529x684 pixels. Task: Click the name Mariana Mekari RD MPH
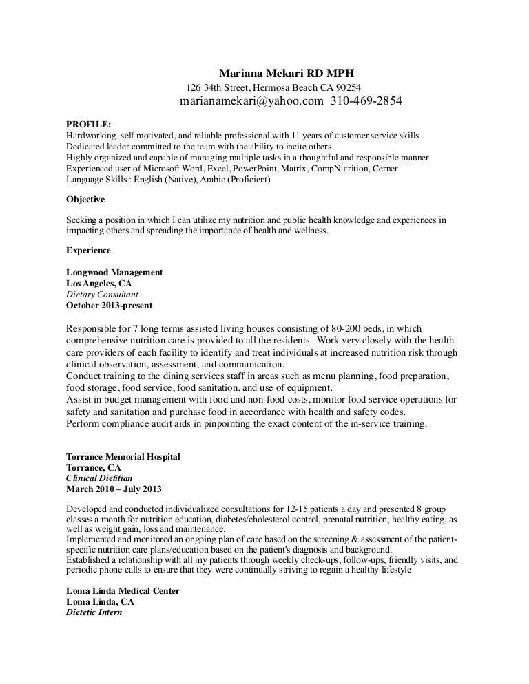point(290,74)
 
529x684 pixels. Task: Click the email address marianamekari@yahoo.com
point(251,102)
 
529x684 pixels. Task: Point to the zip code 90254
point(347,87)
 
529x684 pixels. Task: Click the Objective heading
point(85,200)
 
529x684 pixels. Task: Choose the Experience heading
point(88,250)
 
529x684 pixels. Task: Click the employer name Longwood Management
point(114,272)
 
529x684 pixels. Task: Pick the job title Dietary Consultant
point(103,293)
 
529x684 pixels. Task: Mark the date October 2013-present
point(110,304)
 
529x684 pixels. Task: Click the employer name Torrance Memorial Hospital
point(123,456)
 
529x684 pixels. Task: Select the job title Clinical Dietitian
point(99,477)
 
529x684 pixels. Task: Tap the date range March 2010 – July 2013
point(114,488)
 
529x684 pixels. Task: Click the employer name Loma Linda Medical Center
point(123,590)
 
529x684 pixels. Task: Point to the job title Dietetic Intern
point(94,611)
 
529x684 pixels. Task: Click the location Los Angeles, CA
point(98,283)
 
